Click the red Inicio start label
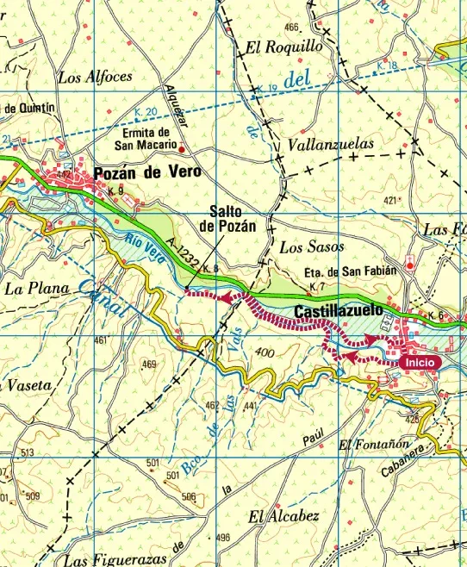pyautogui.click(x=420, y=363)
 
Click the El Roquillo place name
pyautogui.click(x=283, y=47)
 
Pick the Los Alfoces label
pyautogui.click(x=96, y=77)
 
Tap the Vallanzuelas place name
pyautogui.click(x=332, y=144)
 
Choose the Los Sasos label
pyautogui.click(x=312, y=247)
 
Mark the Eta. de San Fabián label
pyautogui.click(x=350, y=270)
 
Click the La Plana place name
pyautogui.click(x=34, y=287)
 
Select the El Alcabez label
pyautogui.click(x=283, y=517)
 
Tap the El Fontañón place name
pyautogui.click(x=370, y=445)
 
